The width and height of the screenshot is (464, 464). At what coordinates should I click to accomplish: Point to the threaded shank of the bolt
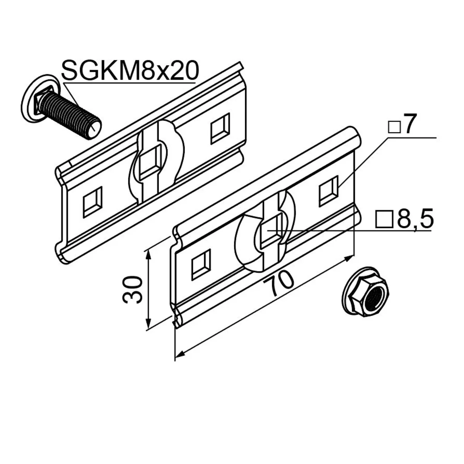point(70,116)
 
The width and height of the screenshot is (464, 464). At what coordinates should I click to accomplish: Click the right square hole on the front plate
point(328,191)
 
